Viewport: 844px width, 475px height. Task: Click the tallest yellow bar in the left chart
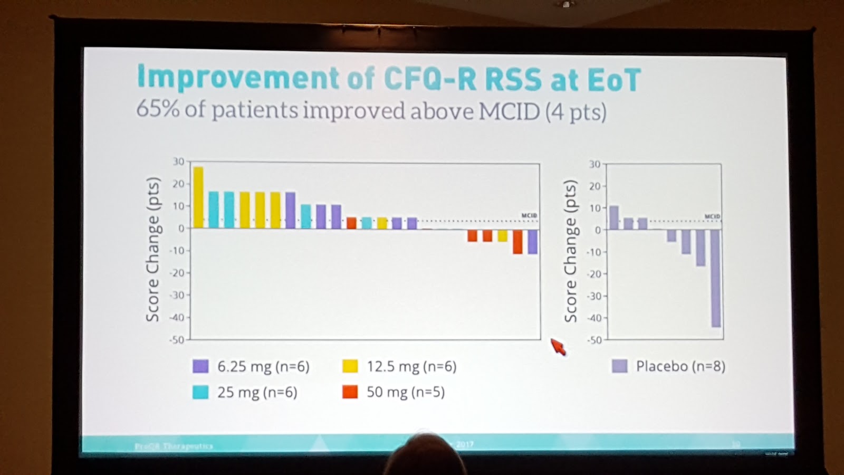198,197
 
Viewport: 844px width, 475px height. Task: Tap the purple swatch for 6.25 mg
200,366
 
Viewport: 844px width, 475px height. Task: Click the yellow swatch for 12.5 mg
350,366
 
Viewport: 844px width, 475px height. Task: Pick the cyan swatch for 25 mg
200,392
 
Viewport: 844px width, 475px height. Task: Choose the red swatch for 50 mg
350,392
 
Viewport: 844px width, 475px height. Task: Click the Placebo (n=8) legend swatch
620,366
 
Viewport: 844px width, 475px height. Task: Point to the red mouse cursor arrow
558,347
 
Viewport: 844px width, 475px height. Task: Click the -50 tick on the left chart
176,340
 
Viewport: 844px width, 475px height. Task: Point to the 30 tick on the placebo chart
594,164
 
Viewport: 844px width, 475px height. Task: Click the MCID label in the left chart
529,215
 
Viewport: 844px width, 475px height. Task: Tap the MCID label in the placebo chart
712,217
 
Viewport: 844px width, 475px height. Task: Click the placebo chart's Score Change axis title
570,251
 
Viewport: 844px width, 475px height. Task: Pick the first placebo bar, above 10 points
614,217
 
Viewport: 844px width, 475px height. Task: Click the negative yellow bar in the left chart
502,235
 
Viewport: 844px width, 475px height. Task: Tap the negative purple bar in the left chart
533,241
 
